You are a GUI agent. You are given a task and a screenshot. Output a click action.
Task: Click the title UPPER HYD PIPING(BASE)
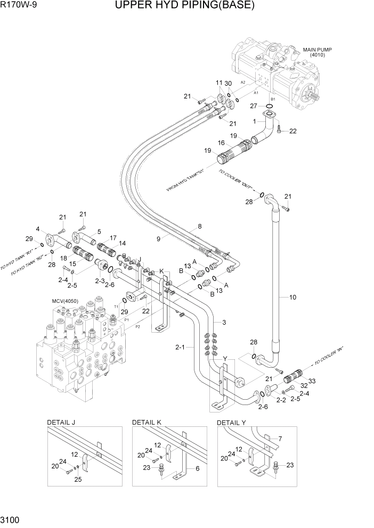[x=184, y=6]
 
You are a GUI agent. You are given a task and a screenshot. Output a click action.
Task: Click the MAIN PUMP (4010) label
[x=317, y=52]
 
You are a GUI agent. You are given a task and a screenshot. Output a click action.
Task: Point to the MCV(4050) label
[x=65, y=301]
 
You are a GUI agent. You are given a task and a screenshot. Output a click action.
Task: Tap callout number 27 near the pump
[x=254, y=106]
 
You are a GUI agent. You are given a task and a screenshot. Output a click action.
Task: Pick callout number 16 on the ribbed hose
[x=221, y=143]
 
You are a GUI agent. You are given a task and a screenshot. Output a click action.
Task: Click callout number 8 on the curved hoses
[x=199, y=226]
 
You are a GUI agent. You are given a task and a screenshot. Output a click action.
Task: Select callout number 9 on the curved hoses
[x=158, y=238]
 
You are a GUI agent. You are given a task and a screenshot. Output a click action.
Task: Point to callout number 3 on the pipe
[x=224, y=323]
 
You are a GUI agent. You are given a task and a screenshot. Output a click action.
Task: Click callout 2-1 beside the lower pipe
[x=180, y=348]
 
